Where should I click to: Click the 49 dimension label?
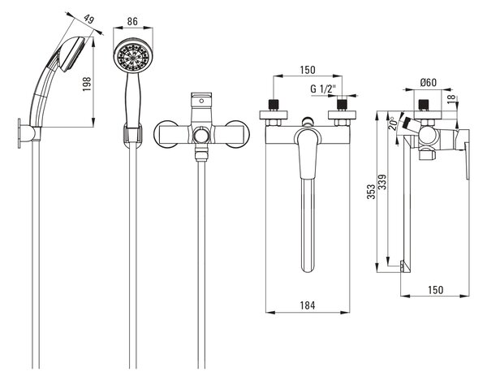89,19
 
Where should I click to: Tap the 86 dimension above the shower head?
132,21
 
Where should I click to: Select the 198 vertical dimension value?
87,84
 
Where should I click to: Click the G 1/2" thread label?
323,89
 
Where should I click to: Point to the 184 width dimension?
308,305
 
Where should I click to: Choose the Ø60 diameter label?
429,82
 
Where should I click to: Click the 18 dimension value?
452,99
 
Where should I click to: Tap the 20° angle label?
393,123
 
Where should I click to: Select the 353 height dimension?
371,192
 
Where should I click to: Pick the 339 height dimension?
382,182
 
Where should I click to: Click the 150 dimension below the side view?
435,290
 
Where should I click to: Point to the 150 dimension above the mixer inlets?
308,70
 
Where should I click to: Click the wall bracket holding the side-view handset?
28,133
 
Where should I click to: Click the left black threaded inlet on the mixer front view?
274,105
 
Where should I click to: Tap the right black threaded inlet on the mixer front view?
342,105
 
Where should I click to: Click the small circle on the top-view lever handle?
201,101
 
